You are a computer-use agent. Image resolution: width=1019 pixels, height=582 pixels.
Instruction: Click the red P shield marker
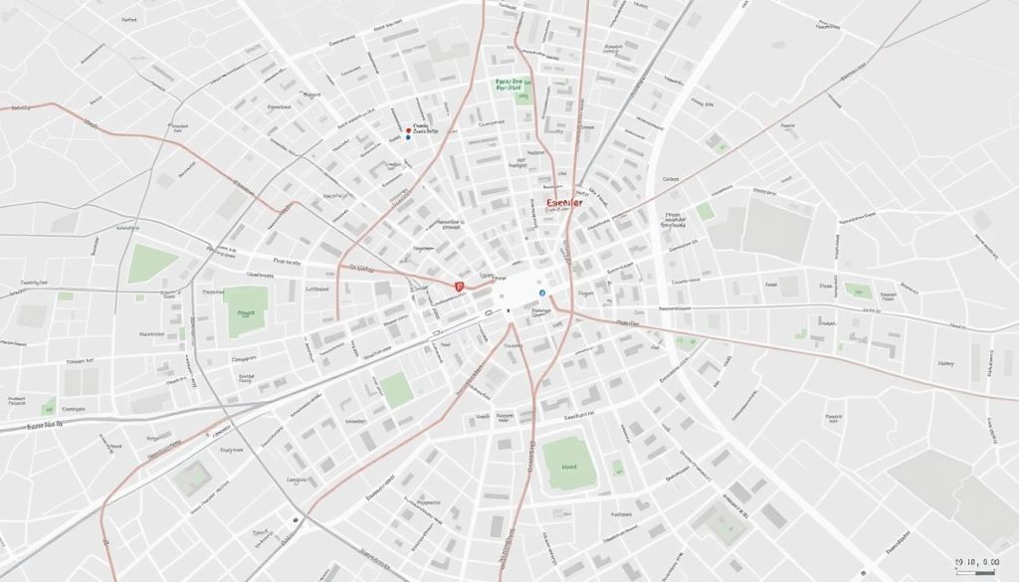click(x=459, y=286)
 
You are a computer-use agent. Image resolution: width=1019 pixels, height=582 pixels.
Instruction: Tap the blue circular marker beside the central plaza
click(x=541, y=293)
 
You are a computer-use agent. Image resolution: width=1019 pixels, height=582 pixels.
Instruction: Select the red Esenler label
click(x=564, y=203)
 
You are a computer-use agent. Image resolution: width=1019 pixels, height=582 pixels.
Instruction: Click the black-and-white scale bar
click(x=980, y=570)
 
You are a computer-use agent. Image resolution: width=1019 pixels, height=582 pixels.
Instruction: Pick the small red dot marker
click(x=409, y=129)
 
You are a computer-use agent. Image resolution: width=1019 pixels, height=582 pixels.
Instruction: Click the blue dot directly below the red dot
click(x=408, y=138)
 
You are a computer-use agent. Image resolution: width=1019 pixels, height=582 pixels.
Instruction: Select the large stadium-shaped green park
click(x=568, y=462)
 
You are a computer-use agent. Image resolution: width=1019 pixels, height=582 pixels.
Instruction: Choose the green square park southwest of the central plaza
click(x=396, y=388)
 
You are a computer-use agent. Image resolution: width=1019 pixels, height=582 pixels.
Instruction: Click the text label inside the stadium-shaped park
click(x=569, y=465)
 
